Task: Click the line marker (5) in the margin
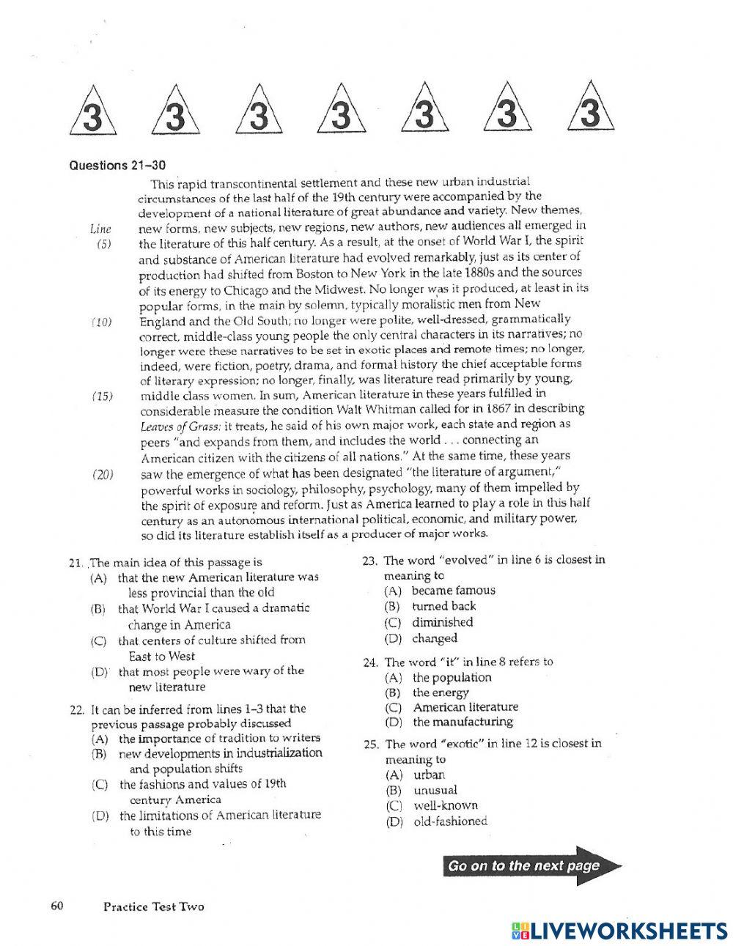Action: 103,244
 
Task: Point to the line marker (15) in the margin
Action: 103,396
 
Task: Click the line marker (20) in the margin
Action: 103,474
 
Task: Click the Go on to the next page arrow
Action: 532,866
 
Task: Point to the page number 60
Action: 58,906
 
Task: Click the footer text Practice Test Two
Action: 154,906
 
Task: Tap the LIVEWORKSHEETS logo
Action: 616,931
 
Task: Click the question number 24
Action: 370,662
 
